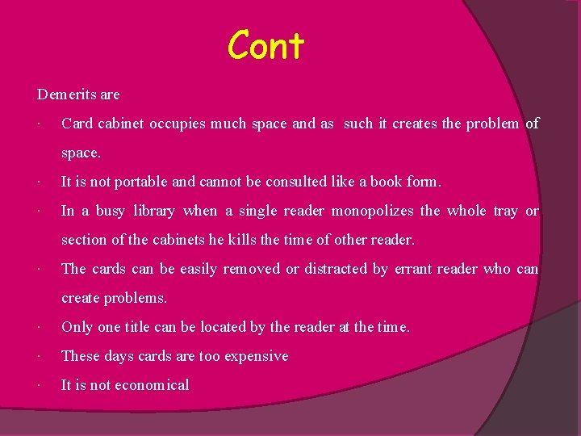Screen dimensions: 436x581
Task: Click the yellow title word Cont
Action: coord(265,46)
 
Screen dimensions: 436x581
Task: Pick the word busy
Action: coord(111,211)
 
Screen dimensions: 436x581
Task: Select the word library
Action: coord(154,211)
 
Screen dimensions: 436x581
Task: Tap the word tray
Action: coord(505,211)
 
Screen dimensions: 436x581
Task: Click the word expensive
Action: coord(255,356)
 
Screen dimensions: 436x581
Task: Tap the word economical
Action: coord(152,385)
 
